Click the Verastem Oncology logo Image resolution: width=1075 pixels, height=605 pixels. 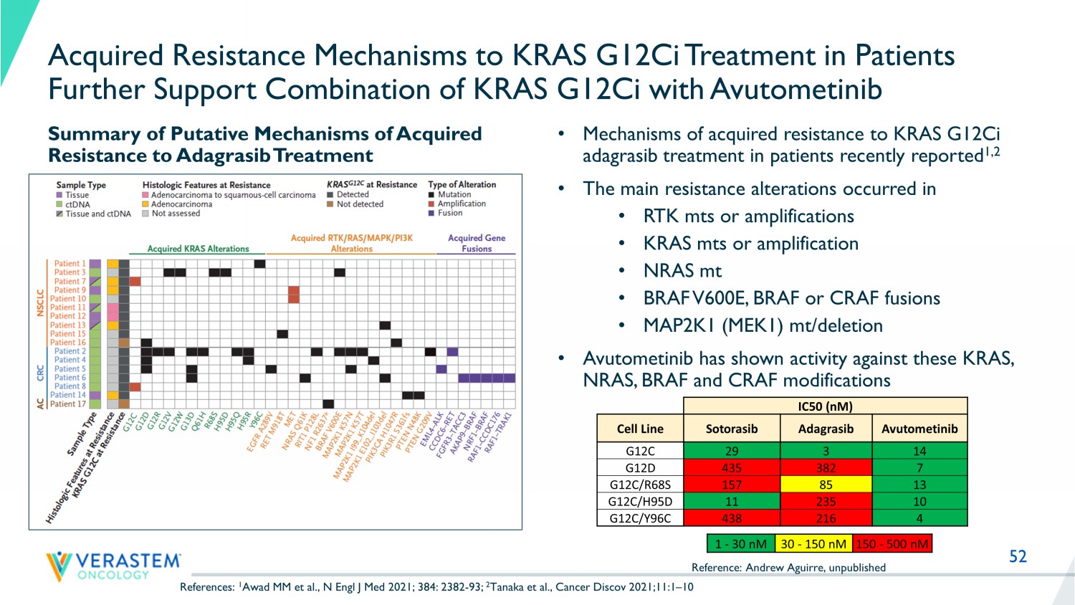pyautogui.click(x=113, y=565)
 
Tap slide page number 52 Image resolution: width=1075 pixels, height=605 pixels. pyautogui.click(x=1018, y=556)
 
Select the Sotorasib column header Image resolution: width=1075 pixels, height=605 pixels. pyautogui.click(x=731, y=429)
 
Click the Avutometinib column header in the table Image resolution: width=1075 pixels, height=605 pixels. pyautogui.click(x=919, y=429)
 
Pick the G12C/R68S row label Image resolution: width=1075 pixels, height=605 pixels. pyautogui.click(x=640, y=485)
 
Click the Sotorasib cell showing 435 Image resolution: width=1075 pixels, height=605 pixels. pyautogui.click(x=731, y=467)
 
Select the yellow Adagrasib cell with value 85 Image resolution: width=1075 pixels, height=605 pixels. pyautogui.click(x=826, y=485)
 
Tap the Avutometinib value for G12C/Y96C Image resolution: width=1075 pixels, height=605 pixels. pyautogui.click(x=919, y=518)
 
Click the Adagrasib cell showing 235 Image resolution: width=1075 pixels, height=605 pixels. pyautogui.click(x=826, y=501)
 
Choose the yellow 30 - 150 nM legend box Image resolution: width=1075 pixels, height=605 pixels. pyautogui.click(x=813, y=544)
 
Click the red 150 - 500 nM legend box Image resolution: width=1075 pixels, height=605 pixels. pyautogui.click(x=892, y=544)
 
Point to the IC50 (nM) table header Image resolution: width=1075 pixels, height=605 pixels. pyautogui.click(x=825, y=406)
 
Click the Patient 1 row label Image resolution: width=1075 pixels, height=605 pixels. pyautogui.click(x=70, y=264)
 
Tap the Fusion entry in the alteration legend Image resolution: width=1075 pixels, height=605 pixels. pyautogui.click(x=450, y=213)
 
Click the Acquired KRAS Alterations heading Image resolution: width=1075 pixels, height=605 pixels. pyautogui.click(x=198, y=249)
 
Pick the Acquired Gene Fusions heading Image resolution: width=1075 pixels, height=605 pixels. pyautogui.click(x=477, y=243)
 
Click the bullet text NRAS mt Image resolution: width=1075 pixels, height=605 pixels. pyautogui.click(x=682, y=271)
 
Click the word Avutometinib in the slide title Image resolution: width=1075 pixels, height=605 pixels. pyautogui.click(x=796, y=90)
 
